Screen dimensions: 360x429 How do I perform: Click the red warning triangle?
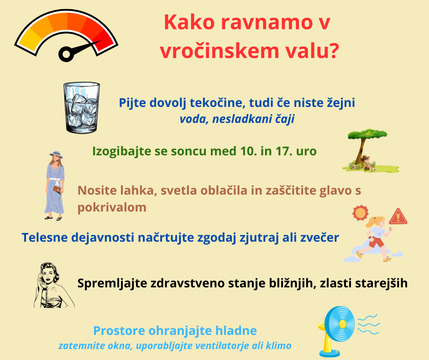[399, 215]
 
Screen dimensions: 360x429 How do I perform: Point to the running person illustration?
[378, 239]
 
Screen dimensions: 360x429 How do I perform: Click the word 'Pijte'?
[135, 103]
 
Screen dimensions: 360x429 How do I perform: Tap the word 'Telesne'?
[47, 238]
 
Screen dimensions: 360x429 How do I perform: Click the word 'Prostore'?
[124, 330]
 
